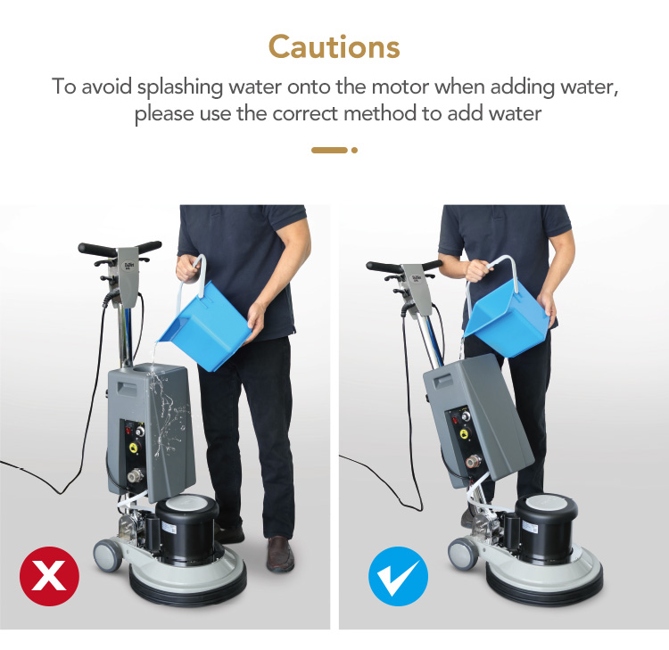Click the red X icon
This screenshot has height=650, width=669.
tap(49, 576)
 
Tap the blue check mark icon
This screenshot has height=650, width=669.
tap(398, 576)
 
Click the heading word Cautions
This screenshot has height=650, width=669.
tap(334, 47)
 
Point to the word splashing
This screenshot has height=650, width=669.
tap(180, 88)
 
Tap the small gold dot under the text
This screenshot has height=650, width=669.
tap(354, 150)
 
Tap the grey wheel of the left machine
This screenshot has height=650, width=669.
tap(107, 555)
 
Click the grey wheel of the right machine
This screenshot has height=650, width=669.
tap(462, 554)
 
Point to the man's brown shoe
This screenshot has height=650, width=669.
tap(280, 554)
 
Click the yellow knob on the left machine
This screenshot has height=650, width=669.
tap(135, 448)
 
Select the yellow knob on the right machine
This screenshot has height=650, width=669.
tap(464, 433)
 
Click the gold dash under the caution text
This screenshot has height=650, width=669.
tap(329, 150)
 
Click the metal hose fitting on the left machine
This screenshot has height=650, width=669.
tap(136, 473)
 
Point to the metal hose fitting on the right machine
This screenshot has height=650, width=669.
tap(473, 462)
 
